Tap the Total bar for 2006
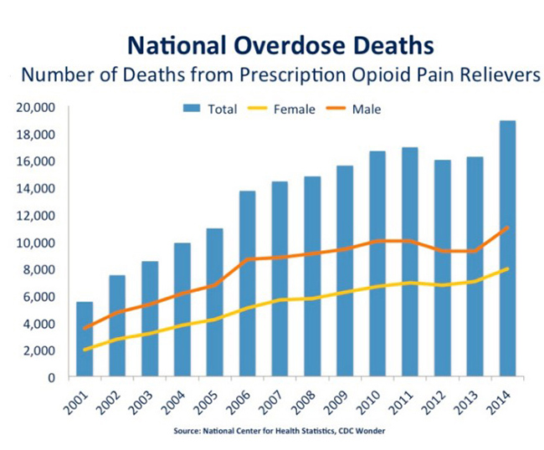247,284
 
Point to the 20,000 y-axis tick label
35,108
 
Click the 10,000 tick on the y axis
35,243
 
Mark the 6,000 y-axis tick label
38,297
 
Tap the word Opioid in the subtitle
351,74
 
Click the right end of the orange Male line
508,228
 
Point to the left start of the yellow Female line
85,349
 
